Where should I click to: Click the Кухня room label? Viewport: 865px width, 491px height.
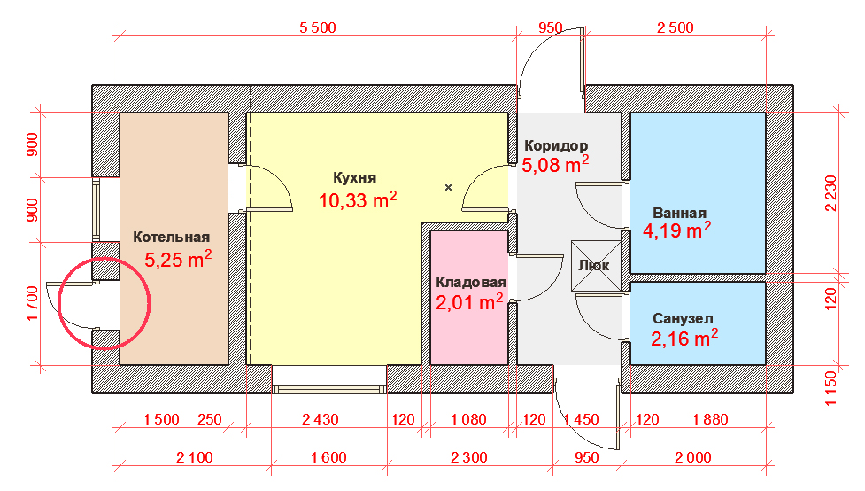(355, 178)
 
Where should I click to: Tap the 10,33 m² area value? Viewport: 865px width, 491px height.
(358, 199)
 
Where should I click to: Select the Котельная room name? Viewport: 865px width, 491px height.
(171, 237)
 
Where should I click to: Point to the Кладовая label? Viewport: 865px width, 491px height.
(470, 282)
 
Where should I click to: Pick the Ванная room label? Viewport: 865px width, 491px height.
(679, 214)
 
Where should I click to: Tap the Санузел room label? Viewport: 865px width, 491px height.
(683, 319)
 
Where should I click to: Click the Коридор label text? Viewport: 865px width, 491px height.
(555, 146)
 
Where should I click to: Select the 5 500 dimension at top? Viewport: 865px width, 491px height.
(318, 27)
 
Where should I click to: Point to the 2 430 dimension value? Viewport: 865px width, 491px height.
(320, 419)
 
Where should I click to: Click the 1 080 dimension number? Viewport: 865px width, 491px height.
(468, 419)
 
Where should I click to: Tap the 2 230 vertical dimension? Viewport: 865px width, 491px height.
(830, 193)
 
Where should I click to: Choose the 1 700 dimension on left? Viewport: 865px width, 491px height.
(33, 303)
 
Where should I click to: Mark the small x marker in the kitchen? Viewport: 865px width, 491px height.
(449, 187)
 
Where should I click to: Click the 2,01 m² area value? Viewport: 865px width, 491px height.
(469, 302)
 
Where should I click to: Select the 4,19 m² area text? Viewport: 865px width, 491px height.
(676, 230)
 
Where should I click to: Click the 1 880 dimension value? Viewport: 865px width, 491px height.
(711, 419)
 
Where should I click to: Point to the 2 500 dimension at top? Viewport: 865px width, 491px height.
(676, 27)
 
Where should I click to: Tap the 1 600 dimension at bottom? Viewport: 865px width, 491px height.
(328, 457)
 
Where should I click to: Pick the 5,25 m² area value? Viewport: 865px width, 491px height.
(178, 259)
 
